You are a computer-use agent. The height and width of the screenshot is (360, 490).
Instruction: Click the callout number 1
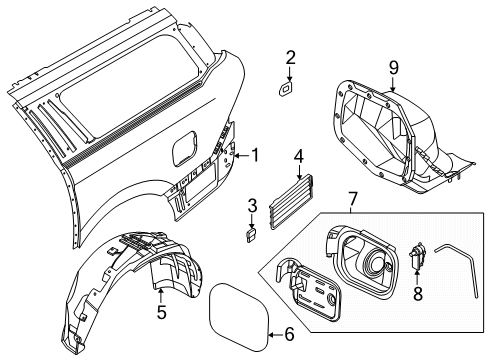click(x=255, y=155)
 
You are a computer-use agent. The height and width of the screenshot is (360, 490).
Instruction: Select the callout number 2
click(x=290, y=57)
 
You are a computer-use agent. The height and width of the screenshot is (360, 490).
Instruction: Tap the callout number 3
click(x=253, y=206)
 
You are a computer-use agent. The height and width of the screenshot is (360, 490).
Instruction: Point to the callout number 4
click(x=298, y=156)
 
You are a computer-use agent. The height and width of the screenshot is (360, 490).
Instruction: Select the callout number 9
click(x=393, y=68)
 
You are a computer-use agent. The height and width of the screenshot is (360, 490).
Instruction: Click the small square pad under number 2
click(x=285, y=88)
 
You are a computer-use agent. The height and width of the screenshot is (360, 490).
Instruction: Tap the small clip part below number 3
click(x=252, y=234)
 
